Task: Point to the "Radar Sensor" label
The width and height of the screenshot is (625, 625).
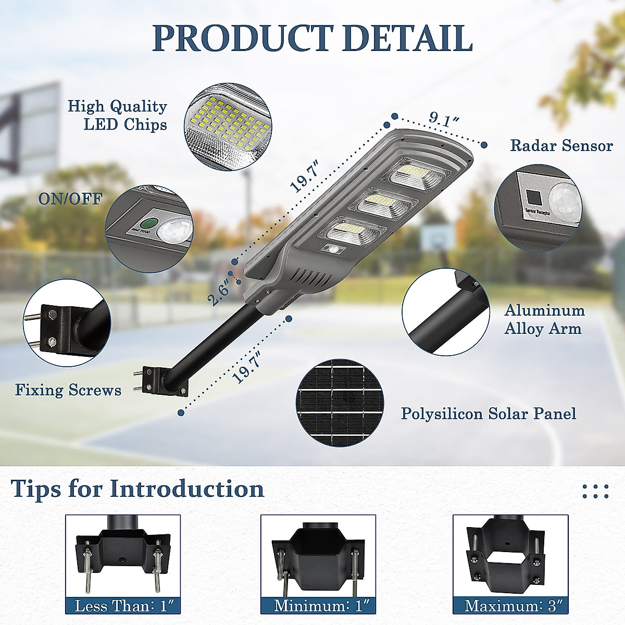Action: click(x=561, y=145)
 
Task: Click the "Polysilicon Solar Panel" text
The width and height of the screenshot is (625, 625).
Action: click(x=488, y=414)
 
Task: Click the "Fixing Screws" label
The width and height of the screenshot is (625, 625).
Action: click(x=68, y=390)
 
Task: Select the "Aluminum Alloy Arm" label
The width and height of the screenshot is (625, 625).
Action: click(x=544, y=320)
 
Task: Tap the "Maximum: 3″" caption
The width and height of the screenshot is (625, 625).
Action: click(x=509, y=606)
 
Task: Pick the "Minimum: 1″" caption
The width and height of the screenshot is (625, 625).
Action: click(x=318, y=606)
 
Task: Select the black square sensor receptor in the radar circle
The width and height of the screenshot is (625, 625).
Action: click(x=533, y=197)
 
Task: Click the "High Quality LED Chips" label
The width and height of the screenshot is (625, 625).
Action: click(x=118, y=115)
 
